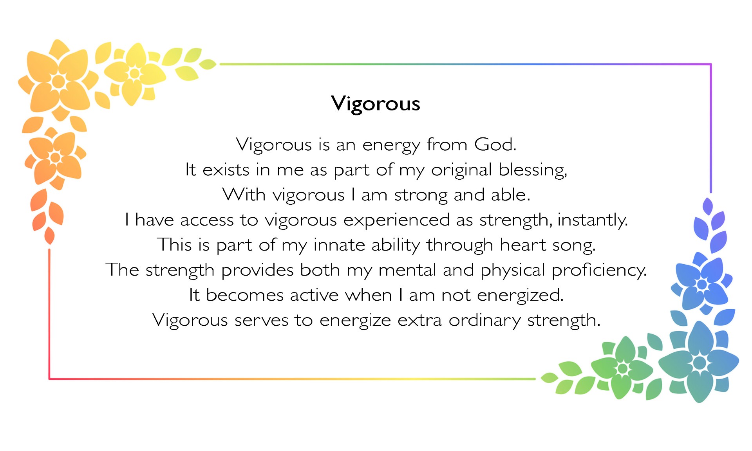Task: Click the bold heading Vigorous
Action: (376, 104)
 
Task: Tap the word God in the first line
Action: (495, 144)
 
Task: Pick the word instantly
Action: (592, 220)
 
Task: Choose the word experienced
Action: (396, 220)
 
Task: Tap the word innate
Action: (339, 245)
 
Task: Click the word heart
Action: (523, 245)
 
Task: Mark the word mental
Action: (407, 270)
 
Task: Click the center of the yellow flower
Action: (134, 73)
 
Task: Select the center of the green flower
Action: (622, 368)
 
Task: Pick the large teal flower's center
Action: (699, 363)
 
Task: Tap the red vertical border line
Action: (49, 313)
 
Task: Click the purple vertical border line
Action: (711, 128)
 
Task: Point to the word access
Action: (206, 220)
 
